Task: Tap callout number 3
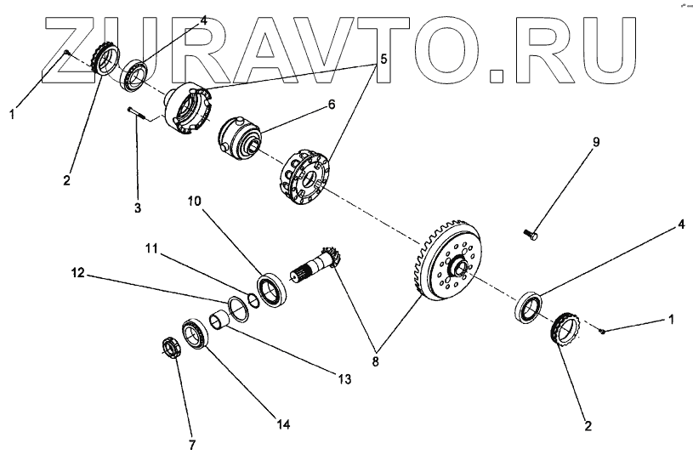138,207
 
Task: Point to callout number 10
195,202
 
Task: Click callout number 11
151,248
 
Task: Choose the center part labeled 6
241,136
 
